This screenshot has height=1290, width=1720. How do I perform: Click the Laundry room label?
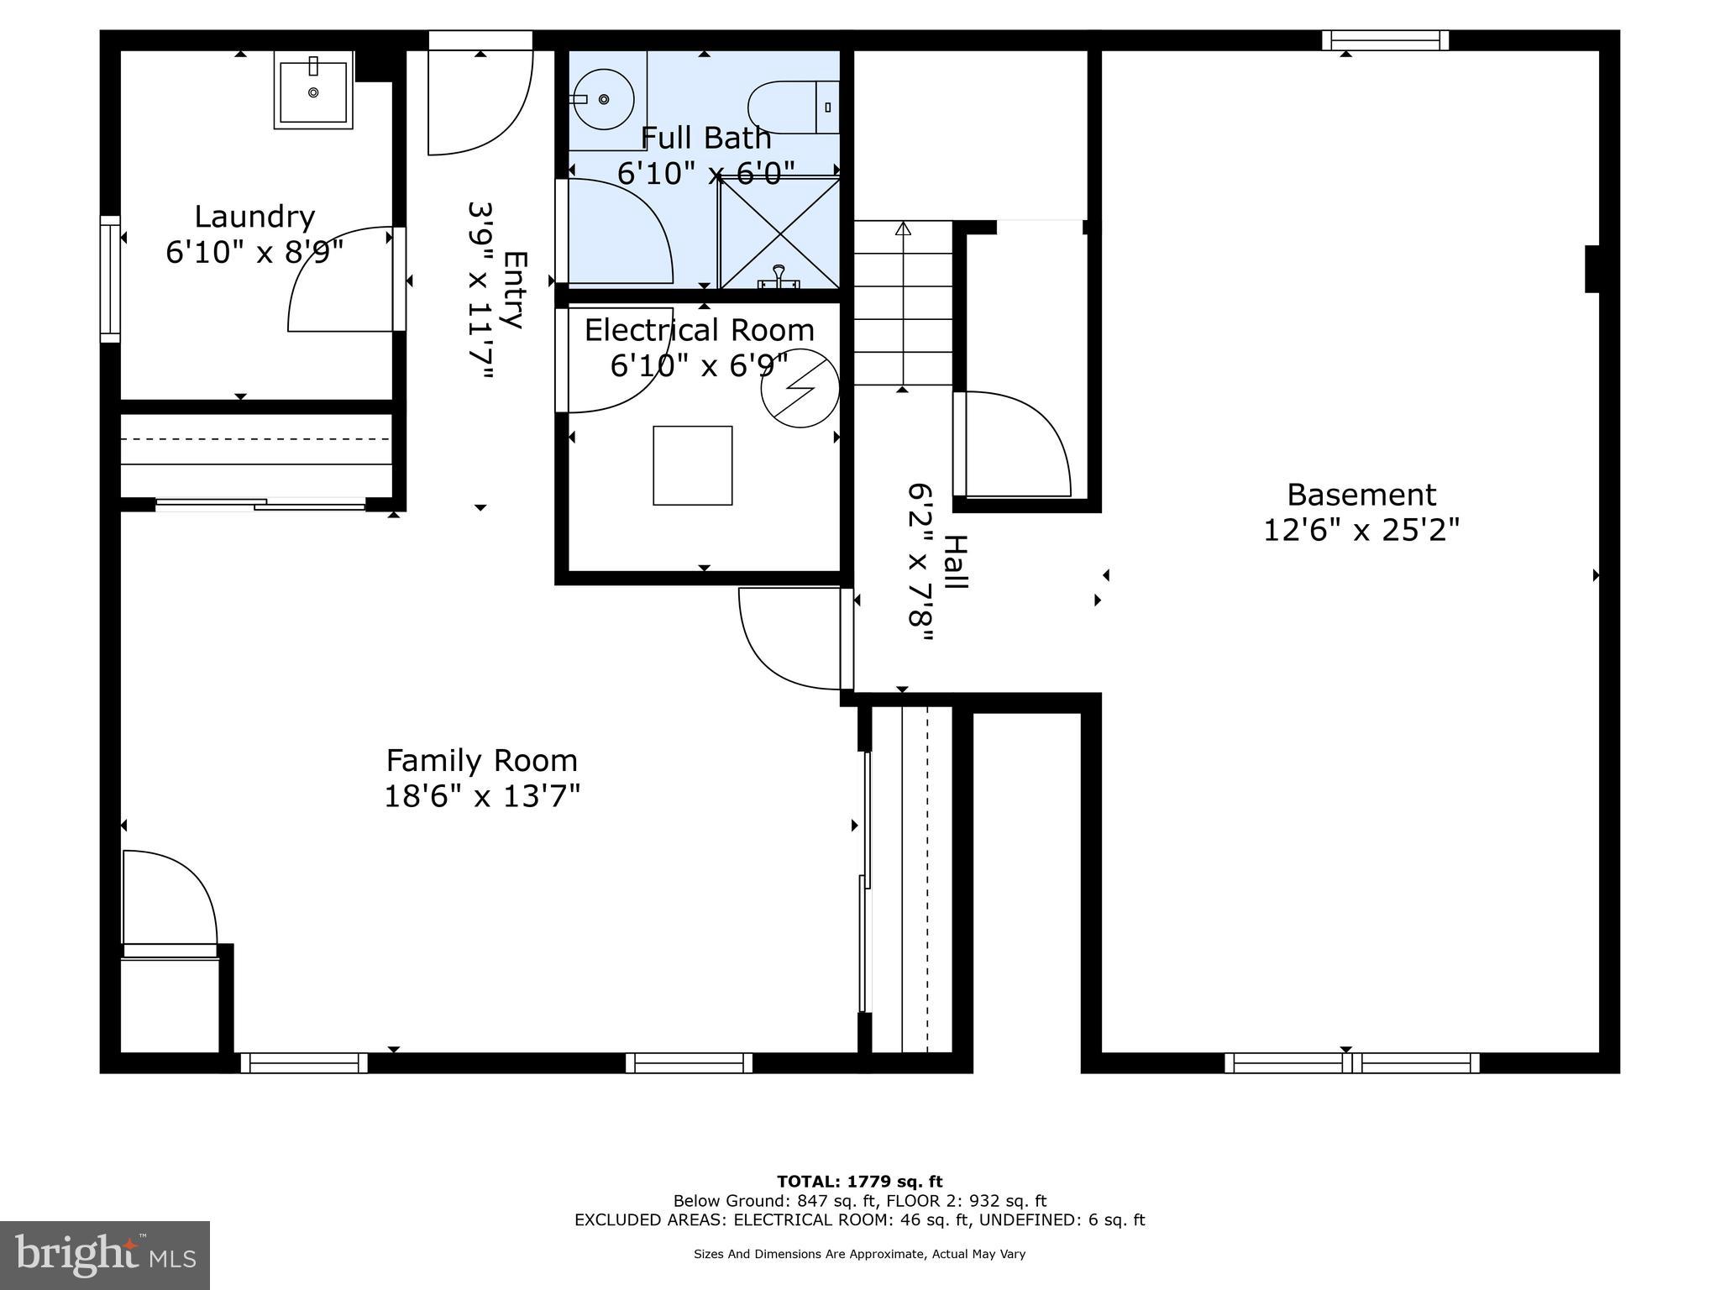click(x=254, y=217)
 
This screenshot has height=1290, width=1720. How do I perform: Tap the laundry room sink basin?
click(x=313, y=91)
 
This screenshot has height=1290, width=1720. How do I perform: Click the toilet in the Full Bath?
click(x=793, y=107)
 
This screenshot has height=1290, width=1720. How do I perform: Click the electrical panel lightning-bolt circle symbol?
click(x=800, y=388)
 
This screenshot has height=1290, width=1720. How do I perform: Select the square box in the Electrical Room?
click(x=693, y=465)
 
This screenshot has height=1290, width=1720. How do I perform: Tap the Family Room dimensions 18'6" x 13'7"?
click(x=482, y=795)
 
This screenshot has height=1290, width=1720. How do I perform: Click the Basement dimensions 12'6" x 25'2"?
click(x=1361, y=530)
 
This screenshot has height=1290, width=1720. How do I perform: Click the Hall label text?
click(x=955, y=562)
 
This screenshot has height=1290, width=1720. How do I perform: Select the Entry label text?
click(x=513, y=290)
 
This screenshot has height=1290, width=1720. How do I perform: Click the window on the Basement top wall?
click(x=1385, y=40)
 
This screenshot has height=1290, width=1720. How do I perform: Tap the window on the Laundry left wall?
click(x=110, y=279)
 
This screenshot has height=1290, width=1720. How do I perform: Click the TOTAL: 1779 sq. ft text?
click(x=859, y=1182)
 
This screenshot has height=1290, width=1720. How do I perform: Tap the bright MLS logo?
click(x=105, y=1256)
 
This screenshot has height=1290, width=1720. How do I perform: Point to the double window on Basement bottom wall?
click(x=1351, y=1062)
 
